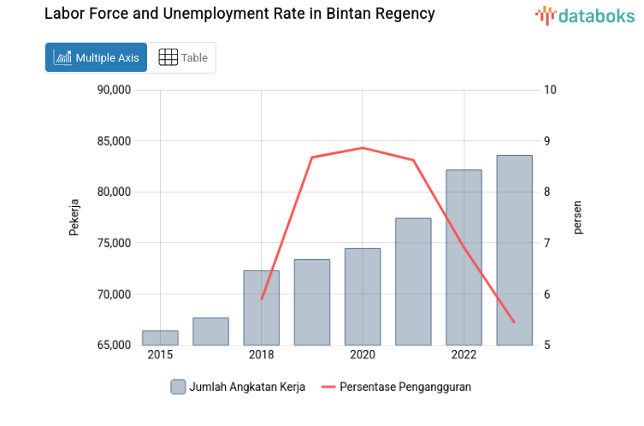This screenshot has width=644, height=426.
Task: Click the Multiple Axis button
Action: coord(96,57)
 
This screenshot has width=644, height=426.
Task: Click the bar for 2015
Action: coord(160,338)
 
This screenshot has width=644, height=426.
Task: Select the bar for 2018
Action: coord(262,308)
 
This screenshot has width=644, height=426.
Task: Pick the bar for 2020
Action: coord(363,297)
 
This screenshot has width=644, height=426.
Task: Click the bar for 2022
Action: coord(464,257)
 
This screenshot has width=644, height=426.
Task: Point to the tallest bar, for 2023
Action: coord(514,250)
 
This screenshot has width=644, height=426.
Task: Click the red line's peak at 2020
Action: coord(363,148)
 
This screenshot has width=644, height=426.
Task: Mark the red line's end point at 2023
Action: coord(514,322)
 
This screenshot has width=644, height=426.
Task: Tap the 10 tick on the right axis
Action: coord(550,90)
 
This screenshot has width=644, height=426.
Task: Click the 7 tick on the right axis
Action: coord(547,243)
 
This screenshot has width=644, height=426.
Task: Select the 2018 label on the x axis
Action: coord(262,355)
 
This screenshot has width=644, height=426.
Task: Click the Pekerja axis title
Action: coord(74,217)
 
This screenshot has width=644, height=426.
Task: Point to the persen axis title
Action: coord(577,217)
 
